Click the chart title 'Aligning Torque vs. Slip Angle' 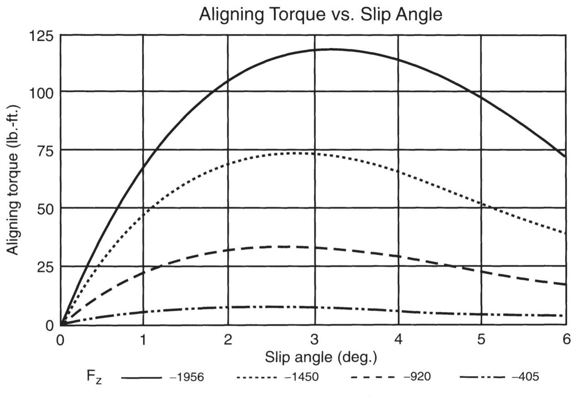click(x=320, y=15)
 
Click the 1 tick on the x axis click(x=144, y=340)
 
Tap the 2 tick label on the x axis click(x=228, y=340)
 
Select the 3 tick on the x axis click(x=314, y=340)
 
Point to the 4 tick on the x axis click(x=398, y=340)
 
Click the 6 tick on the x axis click(x=566, y=340)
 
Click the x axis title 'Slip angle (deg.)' click(x=321, y=357)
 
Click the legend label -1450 click(x=302, y=377)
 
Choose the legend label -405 click(x=526, y=377)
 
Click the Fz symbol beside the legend click(x=94, y=378)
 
